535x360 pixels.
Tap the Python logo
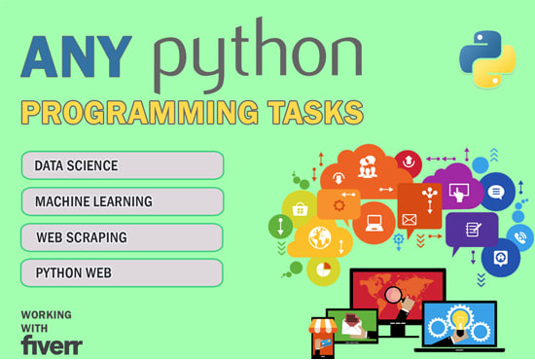click(487, 58)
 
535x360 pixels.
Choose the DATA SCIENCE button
click(122, 165)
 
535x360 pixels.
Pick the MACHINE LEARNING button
click(122, 201)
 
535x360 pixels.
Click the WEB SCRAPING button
click(122, 237)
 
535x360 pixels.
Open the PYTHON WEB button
click(122, 273)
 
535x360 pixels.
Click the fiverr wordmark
click(51, 344)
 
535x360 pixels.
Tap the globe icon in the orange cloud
click(320, 236)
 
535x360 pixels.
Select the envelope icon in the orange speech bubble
click(410, 220)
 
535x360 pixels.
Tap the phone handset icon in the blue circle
click(519, 236)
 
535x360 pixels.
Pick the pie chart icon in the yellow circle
click(324, 269)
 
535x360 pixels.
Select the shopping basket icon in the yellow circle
click(300, 209)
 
